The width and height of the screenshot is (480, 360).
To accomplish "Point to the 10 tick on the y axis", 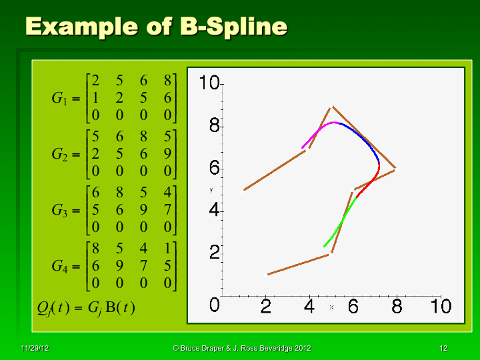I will pos(210,83).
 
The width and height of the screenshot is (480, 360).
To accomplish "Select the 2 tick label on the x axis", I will pos(266,307).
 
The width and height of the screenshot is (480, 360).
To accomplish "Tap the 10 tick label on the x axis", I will pos(440,307).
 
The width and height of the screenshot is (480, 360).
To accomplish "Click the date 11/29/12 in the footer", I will pos(34,349).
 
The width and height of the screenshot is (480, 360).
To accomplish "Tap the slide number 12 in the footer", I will pos(443,349).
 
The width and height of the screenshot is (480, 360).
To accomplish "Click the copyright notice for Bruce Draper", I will pos(241,349).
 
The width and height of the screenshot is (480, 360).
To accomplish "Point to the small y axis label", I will pos(211,190).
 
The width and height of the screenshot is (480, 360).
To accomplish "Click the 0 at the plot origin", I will pos(215,306).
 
